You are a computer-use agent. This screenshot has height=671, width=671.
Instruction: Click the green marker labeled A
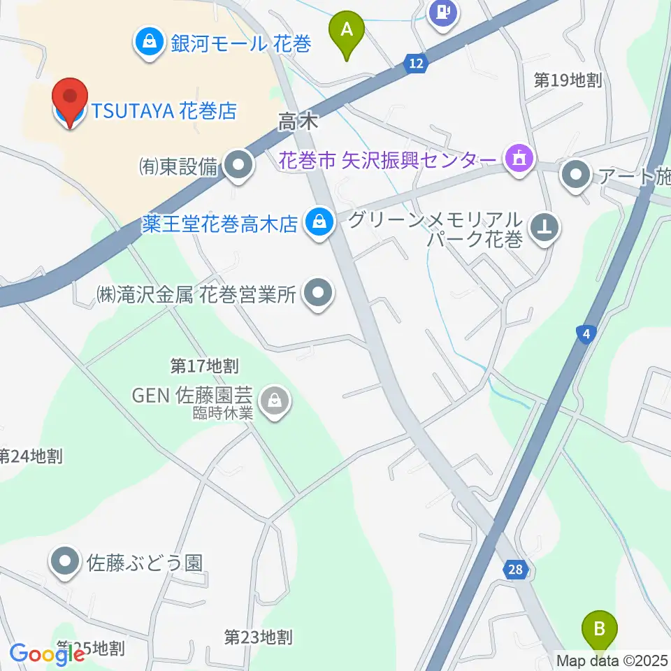pos(347,31)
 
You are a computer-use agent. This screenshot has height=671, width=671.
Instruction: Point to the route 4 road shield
pos(586,335)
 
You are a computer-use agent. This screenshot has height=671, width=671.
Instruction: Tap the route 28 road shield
pos(515,570)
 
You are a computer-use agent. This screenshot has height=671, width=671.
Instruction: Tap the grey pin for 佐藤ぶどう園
pos(66,562)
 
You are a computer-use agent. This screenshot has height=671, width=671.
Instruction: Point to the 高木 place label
pos(298,123)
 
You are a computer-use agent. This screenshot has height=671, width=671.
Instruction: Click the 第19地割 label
pos(568,80)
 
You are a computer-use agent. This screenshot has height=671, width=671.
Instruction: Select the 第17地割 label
pos(205,365)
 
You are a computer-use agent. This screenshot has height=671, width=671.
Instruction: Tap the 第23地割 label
pos(258,637)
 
